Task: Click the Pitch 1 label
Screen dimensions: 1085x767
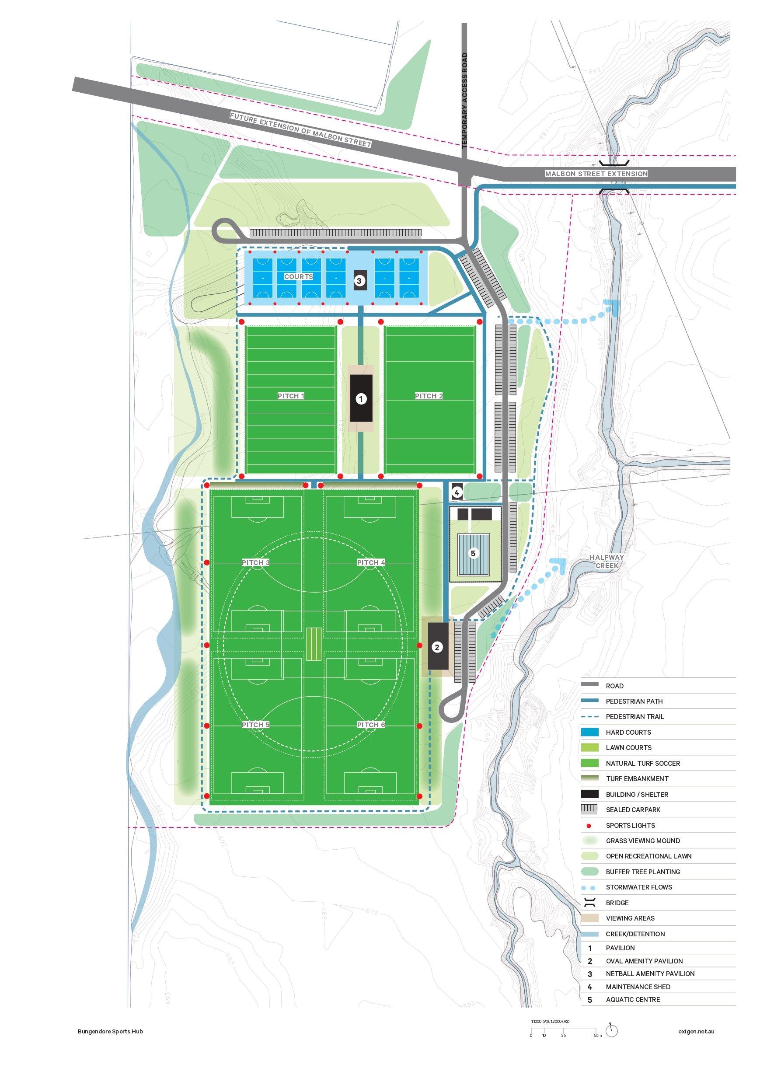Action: point(291,396)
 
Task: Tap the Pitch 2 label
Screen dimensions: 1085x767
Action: point(429,396)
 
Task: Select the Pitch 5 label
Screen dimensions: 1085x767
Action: point(255,725)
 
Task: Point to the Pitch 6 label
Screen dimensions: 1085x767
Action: point(371,725)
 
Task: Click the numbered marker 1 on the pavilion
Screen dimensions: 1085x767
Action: point(361,399)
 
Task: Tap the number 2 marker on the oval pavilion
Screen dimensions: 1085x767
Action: point(437,647)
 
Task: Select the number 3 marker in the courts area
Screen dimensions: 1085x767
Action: point(359,281)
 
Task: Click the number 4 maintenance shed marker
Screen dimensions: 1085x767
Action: point(457,493)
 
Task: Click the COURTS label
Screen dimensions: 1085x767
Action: point(298,276)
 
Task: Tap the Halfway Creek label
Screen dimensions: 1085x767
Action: point(607,562)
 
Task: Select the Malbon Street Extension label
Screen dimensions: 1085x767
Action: point(596,174)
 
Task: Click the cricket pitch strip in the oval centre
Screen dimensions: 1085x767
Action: point(313,644)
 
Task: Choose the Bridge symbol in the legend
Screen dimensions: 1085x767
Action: point(590,903)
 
